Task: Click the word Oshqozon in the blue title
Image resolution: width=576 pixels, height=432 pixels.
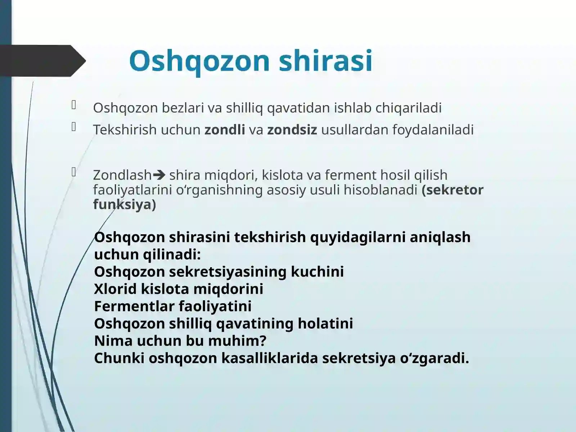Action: click(199, 60)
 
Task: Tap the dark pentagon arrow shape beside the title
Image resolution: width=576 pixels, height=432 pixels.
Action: click(41, 60)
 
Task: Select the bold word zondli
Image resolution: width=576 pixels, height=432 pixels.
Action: click(225, 130)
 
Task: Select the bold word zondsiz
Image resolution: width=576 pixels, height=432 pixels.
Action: click(292, 130)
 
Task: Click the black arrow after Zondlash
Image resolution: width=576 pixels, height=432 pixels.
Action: click(159, 175)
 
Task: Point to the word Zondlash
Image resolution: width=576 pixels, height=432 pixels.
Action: click(122, 175)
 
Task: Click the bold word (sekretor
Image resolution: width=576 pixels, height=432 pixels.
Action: click(453, 190)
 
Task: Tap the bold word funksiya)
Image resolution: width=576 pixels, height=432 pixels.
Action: click(124, 204)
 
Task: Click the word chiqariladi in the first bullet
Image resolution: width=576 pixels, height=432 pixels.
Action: click(408, 108)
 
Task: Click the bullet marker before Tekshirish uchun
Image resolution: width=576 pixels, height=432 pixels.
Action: click(74, 127)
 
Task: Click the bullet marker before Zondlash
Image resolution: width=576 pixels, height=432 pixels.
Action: click(74, 172)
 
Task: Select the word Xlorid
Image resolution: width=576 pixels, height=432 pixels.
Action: click(115, 289)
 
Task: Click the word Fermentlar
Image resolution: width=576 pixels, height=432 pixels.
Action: click(134, 306)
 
